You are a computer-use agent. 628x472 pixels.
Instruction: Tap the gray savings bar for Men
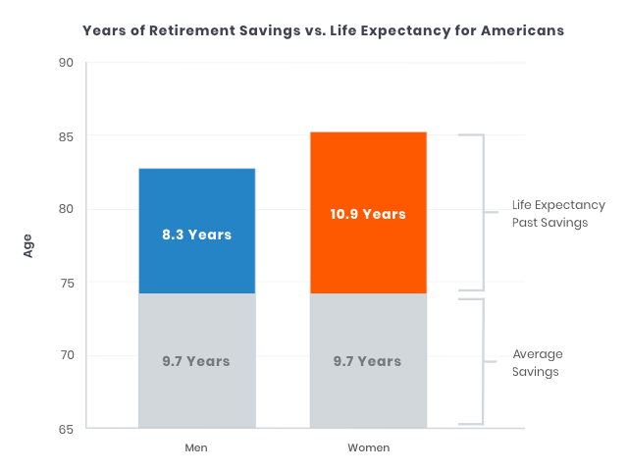(x=196, y=393)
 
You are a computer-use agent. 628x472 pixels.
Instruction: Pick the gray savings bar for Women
(x=368, y=393)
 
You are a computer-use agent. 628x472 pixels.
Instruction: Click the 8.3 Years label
(x=196, y=235)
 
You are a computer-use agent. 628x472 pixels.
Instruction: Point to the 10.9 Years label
(x=368, y=214)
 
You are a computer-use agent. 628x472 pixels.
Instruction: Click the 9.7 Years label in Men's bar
(x=196, y=361)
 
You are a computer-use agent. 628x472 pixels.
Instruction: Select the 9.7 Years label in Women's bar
(x=368, y=361)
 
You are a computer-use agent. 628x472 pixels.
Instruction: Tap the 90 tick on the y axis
(x=67, y=63)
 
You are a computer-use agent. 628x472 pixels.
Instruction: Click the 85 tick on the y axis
(x=67, y=136)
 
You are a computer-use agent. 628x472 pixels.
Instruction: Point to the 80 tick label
(x=67, y=209)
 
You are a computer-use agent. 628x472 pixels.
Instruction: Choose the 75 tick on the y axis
(x=67, y=283)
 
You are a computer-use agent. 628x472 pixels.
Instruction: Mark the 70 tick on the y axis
(x=67, y=355)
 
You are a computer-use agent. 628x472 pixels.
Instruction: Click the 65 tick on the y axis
(x=67, y=429)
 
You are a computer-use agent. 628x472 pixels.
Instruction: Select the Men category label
(x=196, y=447)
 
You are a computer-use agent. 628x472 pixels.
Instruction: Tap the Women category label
(x=368, y=447)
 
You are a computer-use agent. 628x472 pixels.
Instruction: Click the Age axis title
(x=28, y=245)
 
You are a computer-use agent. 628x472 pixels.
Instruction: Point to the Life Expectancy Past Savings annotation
(x=558, y=214)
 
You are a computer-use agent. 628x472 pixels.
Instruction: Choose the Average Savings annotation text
(x=538, y=362)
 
